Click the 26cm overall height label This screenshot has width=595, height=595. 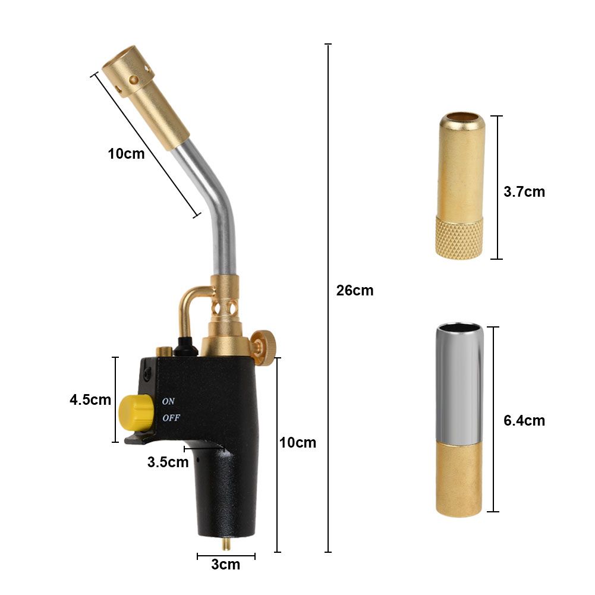pos(355,291)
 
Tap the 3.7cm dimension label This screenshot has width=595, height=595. pos(524,192)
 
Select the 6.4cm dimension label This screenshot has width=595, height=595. pos(524,421)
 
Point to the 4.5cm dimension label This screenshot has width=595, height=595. pos(90,399)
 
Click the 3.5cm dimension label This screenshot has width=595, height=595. pos(168,462)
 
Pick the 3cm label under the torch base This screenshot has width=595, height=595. pos(226,565)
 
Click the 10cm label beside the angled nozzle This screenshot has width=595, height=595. pos(126,153)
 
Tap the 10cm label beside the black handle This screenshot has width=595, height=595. pos(298,443)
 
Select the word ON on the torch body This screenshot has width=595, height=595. pos(169,401)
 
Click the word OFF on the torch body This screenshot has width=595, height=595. pos(171,417)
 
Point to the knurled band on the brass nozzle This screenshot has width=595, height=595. pos(459,237)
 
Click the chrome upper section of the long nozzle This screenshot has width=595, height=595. pos(459,380)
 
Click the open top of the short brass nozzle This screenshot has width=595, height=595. pos(461,118)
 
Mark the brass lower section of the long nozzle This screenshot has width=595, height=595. pos(459,479)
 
